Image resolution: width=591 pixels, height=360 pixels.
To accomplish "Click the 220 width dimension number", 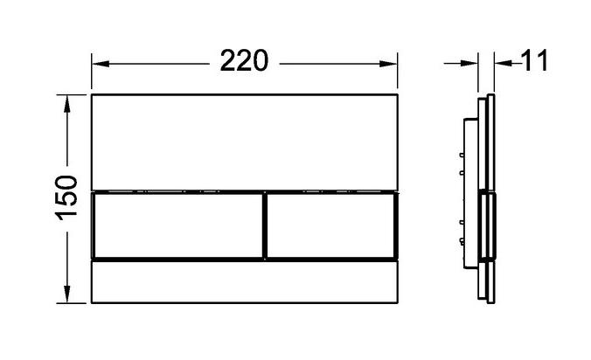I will click(243, 62).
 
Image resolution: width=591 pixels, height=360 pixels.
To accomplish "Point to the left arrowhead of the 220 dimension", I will click(99, 63).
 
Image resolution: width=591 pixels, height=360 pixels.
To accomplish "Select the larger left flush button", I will click(177, 225).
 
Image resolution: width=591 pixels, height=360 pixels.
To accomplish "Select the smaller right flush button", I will click(330, 225).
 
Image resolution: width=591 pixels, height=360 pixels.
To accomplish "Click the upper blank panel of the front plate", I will click(244, 140).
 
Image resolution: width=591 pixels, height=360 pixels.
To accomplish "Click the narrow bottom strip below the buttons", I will click(244, 281).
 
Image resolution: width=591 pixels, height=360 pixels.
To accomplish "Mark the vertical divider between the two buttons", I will click(263, 225).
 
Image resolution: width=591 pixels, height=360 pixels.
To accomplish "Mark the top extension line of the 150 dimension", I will click(77, 91).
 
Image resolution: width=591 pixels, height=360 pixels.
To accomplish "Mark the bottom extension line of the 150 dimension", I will click(77, 302).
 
